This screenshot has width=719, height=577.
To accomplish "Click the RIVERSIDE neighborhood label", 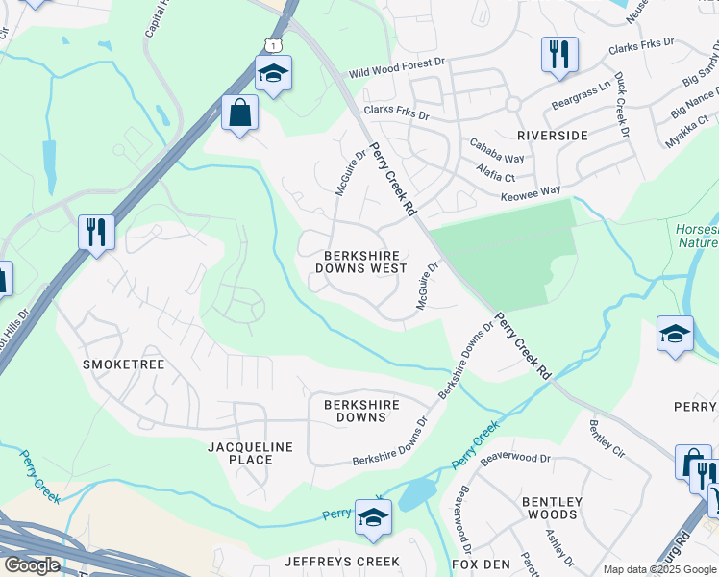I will [552, 136].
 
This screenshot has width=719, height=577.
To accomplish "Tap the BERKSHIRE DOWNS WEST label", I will [365, 262].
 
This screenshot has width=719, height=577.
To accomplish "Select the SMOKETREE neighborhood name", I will [124, 365].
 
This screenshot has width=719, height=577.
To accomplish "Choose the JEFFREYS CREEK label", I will [341, 562].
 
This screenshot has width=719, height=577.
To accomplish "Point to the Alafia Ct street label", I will [495, 172].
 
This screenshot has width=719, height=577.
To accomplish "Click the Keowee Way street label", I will [531, 192].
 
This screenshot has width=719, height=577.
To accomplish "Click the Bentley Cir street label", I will [607, 438].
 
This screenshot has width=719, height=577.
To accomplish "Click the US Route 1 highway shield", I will [276, 45].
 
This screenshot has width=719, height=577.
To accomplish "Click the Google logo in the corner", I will [32, 565].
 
